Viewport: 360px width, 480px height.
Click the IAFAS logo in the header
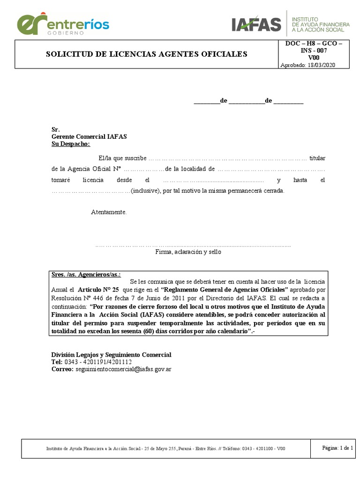(256, 23)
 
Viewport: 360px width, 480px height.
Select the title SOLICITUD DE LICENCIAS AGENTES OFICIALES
(146, 54)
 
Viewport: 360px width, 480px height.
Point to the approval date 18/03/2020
(326, 65)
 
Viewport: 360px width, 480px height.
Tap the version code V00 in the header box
(314, 58)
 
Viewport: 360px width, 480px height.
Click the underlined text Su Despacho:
(70, 144)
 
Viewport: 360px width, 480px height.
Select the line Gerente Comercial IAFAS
(89, 136)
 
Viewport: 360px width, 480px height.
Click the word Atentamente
(109, 212)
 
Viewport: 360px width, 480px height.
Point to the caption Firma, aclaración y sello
(188, 252)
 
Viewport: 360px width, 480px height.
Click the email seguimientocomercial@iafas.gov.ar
(123, 369)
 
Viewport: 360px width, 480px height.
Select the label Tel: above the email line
(56, 362)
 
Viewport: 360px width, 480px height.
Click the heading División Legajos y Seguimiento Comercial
(111, 354)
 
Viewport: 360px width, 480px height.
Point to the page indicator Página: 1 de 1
(337, 448)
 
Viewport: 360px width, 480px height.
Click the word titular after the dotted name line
(317, 157)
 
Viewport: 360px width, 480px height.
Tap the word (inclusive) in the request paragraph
(146, 191)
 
